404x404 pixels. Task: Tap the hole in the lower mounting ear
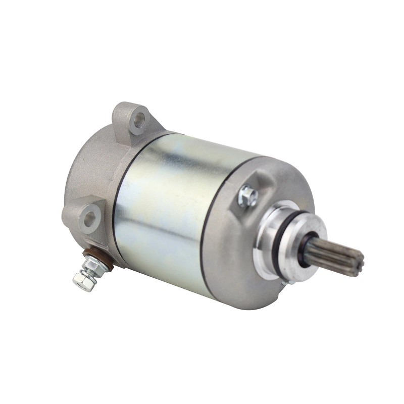89,218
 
